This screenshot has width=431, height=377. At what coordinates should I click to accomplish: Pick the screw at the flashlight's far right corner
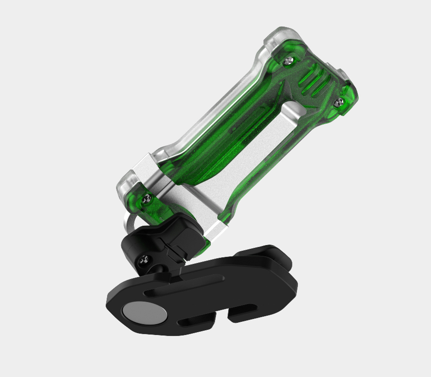pyautogui.click(x=340, y=101)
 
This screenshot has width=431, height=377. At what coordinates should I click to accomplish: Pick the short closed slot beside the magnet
pyautogui.click(x=196, y=321)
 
